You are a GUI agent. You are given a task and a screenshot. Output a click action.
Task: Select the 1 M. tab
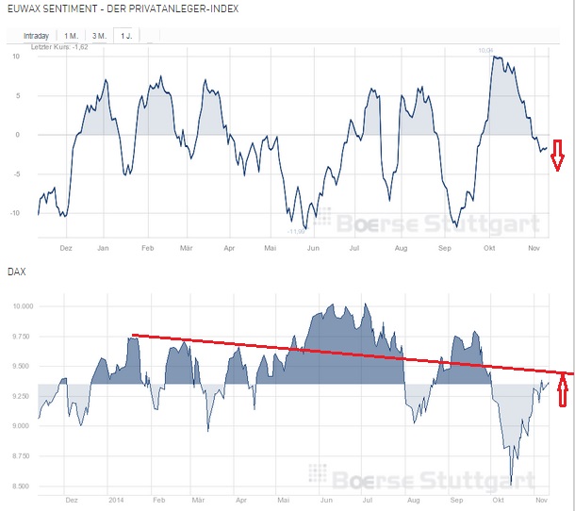tap(72, 36)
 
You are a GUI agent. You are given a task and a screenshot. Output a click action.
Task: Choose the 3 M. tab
tap(98, 36)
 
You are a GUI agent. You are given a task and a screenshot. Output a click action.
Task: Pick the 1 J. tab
tap(124, 36)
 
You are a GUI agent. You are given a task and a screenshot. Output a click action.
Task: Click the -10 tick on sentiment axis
tap(16, 212)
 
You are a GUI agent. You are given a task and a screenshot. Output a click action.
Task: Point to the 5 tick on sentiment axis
tap(18, 94)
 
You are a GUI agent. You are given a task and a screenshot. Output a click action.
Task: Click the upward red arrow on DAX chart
tap(565, 389)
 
